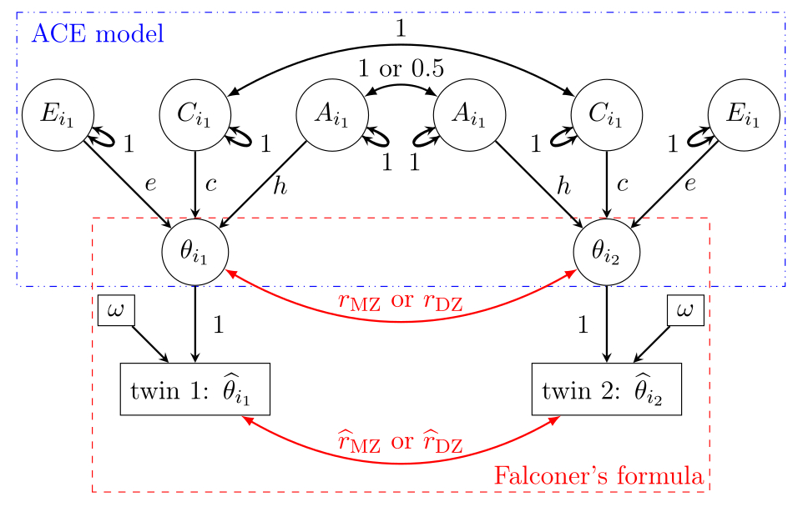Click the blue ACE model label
click(x=97, y=34)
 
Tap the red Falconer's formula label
click(x=598, y=476)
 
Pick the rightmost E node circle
click(x=743, y=114)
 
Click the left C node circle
click(x=195, y=114)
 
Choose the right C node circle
click(x=606, y=114)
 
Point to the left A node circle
click(x=332, y=114)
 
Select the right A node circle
click(x=469, y=114)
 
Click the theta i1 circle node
click(x=195, y=251)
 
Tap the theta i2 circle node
click(x=607, y=251)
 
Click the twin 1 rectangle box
click(x=195, y=389)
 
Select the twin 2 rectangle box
click(x=607, y=389)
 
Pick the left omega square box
click(x=117, y=311)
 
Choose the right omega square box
click(x=685, y=311)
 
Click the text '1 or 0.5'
click(x=401, y=68)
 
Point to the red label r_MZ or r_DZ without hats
click(x=401, y=300)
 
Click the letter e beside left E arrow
click(x=150, y=184)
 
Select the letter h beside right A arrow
click(x=564, y=188)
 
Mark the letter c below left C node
click(x=210, y=184)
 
